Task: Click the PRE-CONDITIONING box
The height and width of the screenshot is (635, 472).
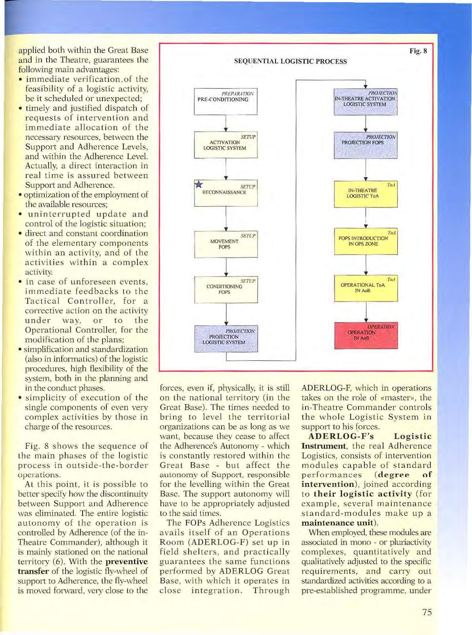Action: click(x=225, y=102)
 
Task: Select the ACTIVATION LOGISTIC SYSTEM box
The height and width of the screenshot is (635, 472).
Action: click(x=225, y=145)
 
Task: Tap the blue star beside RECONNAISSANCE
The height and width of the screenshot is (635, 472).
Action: click(x=199, y=185)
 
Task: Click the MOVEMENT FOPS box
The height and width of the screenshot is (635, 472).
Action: click(x=225, y=244)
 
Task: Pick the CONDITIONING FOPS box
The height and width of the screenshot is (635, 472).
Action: click(x=225, y=290)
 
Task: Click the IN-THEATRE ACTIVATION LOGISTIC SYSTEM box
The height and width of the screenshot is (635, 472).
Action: click(x=365, y=102)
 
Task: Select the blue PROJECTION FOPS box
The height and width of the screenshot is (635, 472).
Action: click(x=365, y=145)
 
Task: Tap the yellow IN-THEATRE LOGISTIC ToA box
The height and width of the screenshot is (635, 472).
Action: click(x=365, y=194)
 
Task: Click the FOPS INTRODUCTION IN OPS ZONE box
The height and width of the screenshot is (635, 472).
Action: click(x=365, y=241)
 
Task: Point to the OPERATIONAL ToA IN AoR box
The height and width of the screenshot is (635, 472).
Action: click(x=365, y=288)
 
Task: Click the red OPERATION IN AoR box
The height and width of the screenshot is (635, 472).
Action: click(x=365, y=335)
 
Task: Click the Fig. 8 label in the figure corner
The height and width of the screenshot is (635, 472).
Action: click(x=418, y=51)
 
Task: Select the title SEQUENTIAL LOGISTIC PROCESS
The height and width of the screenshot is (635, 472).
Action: click(x=291, y=61)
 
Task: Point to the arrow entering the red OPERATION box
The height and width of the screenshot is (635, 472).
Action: click(x=366, y=316)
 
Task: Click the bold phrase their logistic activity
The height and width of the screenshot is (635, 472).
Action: click(x=362, y=494)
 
